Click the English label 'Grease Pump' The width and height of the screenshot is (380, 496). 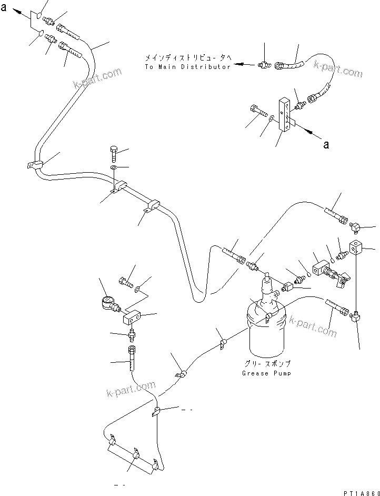266,373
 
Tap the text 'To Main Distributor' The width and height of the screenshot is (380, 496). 187,67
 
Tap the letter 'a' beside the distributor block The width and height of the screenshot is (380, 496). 326,144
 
